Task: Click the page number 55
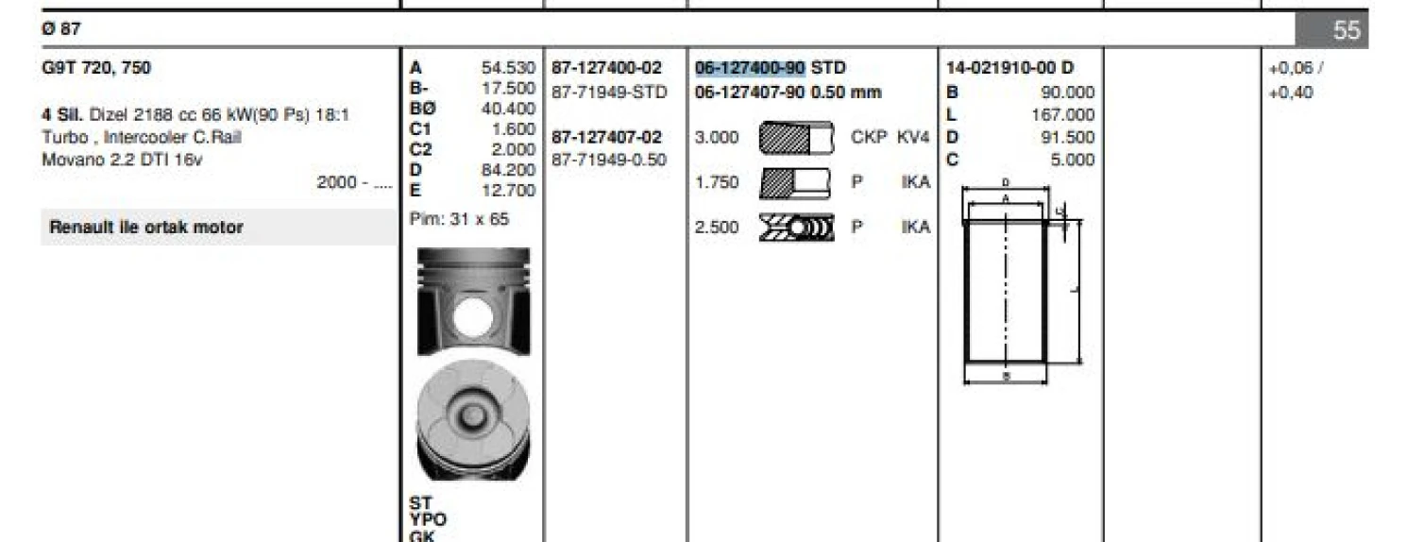point(1347,30)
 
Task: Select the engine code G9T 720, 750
point(96,68)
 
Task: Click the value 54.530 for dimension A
point(508,68)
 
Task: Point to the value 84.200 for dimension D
point(508,170)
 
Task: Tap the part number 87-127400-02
point(606,68)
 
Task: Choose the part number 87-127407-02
point(606,137)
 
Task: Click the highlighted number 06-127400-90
point(750,68)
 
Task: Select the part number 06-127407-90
point(750,93)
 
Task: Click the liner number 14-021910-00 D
point(1009,68)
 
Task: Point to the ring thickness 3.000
point(717,137)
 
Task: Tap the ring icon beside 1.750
point(795,181)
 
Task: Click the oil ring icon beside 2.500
point(795,227)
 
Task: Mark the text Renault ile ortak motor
point(146,228)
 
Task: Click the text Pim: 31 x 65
point(459,219)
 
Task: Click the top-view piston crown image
point(474,422)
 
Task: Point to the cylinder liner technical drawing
point(1010,283)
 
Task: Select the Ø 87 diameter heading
point(61,29)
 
